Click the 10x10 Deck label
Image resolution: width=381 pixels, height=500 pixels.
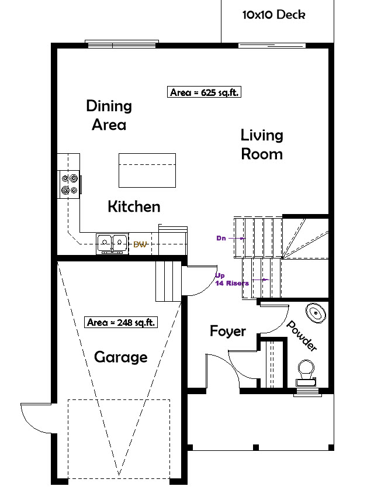273,15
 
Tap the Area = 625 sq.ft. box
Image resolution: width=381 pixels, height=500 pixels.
205,92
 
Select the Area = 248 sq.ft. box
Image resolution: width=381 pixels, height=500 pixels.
120,322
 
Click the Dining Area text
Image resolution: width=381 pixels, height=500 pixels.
109,115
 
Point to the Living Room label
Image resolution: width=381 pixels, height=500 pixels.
262,144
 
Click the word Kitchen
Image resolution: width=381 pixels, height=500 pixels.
134,206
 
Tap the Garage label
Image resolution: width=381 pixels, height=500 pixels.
121,357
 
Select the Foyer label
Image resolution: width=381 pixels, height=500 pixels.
227,332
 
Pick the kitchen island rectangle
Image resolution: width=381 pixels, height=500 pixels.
147,170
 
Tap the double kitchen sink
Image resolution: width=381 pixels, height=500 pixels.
112,242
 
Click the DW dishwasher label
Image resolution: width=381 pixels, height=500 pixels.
140,244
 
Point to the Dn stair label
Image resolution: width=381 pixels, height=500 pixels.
221,238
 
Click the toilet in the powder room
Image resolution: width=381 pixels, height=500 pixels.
306,372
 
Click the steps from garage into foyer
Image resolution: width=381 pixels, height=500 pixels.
168,281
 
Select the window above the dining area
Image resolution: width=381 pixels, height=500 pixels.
122,43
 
